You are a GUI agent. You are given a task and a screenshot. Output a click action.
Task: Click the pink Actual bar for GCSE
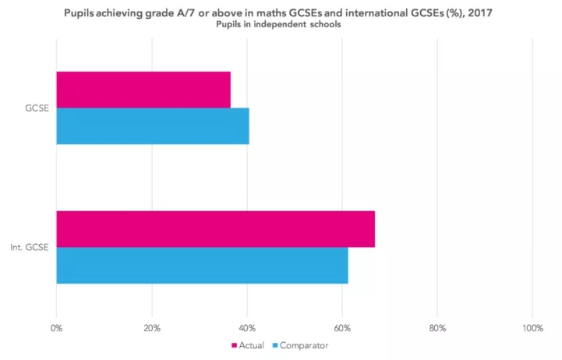[x=143, y=90]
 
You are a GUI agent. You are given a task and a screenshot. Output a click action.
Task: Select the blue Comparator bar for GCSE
[x=153, y=125]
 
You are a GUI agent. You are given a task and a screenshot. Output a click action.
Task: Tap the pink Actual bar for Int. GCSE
[x=215, y=229]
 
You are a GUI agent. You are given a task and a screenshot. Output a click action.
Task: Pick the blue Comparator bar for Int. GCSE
[x=202, y=265]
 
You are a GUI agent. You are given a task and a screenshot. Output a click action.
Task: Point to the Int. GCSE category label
[x=31, y=248]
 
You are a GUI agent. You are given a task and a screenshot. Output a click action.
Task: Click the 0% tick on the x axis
[x=56, y=327]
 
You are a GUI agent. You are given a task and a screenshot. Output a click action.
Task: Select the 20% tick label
[x=151, y=327]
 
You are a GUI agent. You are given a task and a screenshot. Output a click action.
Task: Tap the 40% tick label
[x=247, y=327]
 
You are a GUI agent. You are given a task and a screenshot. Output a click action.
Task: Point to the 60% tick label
[x=342, y=327]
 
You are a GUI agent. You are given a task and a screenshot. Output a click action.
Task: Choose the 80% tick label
[x=437, y=327]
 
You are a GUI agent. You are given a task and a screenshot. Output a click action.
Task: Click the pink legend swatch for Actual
[x=234, y=344]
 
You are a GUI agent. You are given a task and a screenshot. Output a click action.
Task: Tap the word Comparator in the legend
[x=304, y=344]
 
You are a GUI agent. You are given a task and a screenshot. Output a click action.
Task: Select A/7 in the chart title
[x=197, y=11]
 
